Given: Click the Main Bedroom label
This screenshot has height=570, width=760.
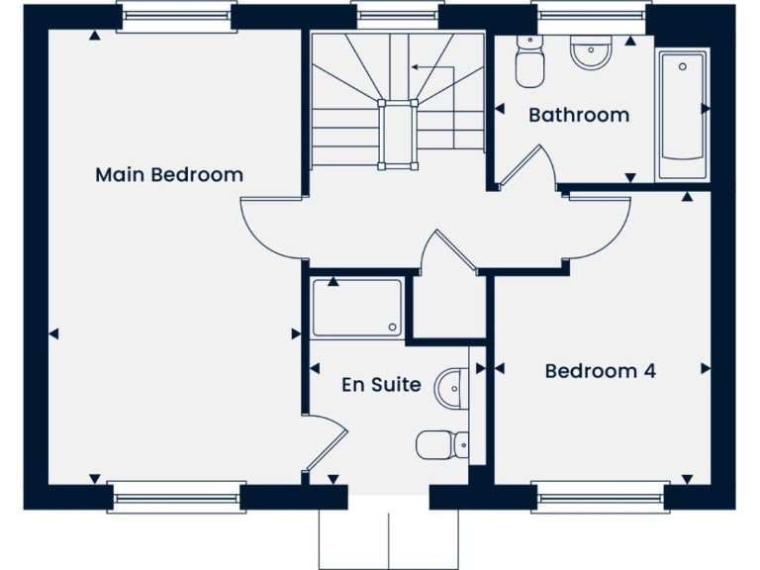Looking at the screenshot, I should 169,175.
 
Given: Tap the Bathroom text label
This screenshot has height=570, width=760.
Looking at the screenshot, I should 579,115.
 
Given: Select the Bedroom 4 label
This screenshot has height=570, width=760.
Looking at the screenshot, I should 601,371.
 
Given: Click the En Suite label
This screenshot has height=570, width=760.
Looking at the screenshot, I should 381,385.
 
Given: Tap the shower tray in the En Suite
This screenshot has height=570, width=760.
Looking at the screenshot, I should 357,307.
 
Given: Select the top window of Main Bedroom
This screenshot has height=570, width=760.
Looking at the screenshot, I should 175,17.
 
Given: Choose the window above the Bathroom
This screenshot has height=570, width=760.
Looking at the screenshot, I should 592,15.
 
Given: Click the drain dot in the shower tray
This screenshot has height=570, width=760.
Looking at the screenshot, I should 393,328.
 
